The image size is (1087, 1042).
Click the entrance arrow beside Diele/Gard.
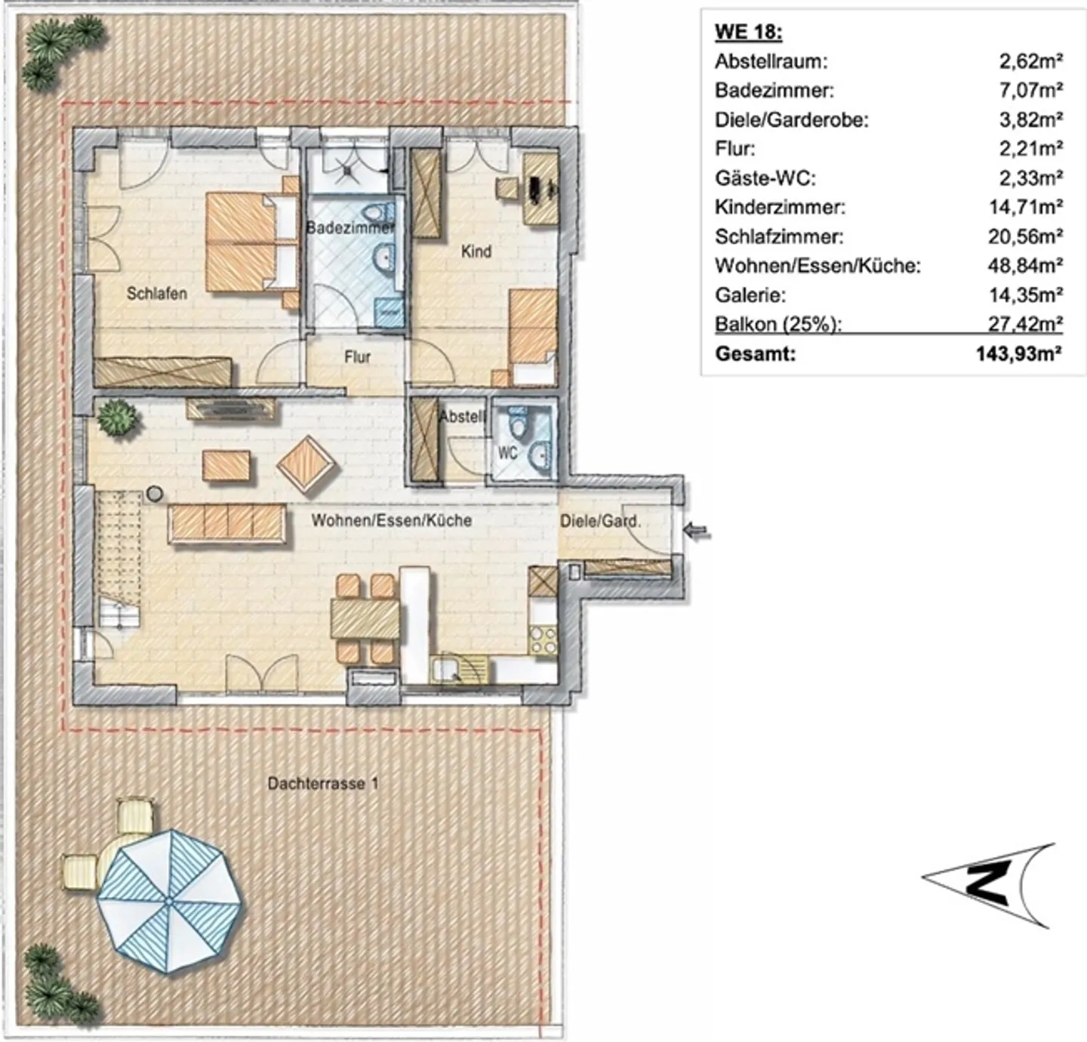click(x=700, y=533)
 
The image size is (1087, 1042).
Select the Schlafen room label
click(x=156, y=294)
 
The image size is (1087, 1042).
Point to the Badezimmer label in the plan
click(x=350, y=227)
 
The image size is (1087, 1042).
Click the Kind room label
click(x=476, y=251)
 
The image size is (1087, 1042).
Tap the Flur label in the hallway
click(x=357, y=356)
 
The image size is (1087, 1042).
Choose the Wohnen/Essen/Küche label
click(x=391, y=520)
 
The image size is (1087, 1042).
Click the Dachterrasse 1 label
click(x=322, y=784)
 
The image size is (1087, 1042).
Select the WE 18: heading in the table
click(x=748, y=32)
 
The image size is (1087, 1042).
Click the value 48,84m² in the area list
click(x=1025, y=266)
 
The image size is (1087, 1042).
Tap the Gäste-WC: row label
click(x=765, y=178)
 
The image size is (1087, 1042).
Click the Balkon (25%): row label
click(x=778, y=325)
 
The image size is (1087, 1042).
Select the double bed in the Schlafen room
click(x=249, y=242)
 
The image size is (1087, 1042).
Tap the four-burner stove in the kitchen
click(x=543, y=641)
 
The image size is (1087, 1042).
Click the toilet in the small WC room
click(x=518, y=424)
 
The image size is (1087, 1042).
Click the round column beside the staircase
click(x=155, y=495)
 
